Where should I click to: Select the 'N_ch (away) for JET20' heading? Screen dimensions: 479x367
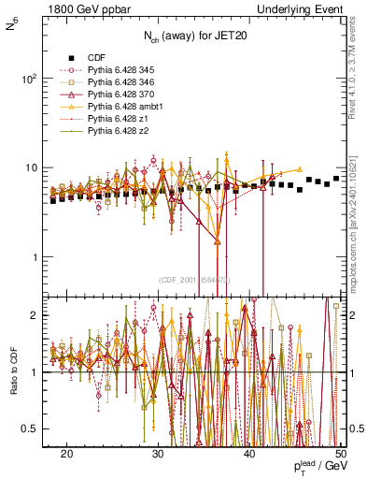pyautogui.click(x=193, y=36)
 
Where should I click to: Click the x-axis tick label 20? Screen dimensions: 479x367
pyautogui.click(x=67, y=453)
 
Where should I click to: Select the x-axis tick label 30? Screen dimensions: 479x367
pyautogui.click(x=159, y=453)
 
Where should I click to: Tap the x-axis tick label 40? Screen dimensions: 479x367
pyautogui.click(x=249, y=453)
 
